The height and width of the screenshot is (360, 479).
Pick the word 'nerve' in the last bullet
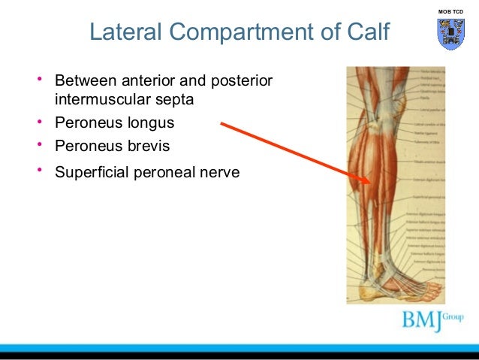coord(218,172)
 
